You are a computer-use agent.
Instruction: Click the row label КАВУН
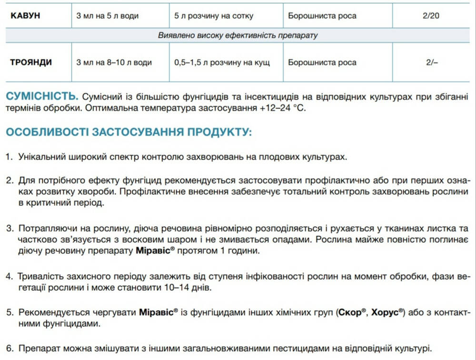tap(25, 16)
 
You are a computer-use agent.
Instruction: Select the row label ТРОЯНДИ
tap(31, 62)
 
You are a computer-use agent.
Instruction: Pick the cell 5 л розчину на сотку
tap(214, 16)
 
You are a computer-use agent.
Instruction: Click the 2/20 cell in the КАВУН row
tap(431, 16)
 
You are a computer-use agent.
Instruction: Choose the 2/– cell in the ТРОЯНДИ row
tap(431, 62)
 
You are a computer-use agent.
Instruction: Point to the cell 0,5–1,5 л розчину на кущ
tap(222, 62)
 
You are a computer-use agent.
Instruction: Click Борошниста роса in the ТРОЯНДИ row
tap(322, 62)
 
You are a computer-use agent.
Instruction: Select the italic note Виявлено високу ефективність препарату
tap(238, 36)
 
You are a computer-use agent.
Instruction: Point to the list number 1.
tap(9, 156)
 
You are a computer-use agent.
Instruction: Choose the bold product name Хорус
tap(386, 312)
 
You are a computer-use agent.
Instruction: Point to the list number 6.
tap(9, 349)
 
